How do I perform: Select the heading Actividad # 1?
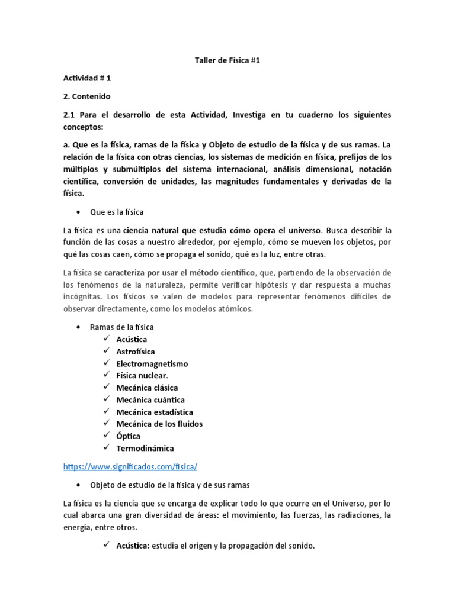pos(87,78)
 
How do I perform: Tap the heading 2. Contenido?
pos(86,96)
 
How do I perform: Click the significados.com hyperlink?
pos(130,466)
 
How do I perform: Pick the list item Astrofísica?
pos(136,352)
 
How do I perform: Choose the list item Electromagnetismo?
pos(152,363)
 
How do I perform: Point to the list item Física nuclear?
pos(142,375)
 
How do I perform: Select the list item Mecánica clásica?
pos(147,388)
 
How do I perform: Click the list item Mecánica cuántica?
pos(150,400)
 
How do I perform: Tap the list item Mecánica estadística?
pos(155,412)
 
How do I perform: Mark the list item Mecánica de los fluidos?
pos(159,424)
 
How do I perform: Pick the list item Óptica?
pos(129,436)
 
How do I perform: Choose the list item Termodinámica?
pos(145,448)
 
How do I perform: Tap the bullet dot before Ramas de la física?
pos(79,327)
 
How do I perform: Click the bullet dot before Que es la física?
pos(79,211)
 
